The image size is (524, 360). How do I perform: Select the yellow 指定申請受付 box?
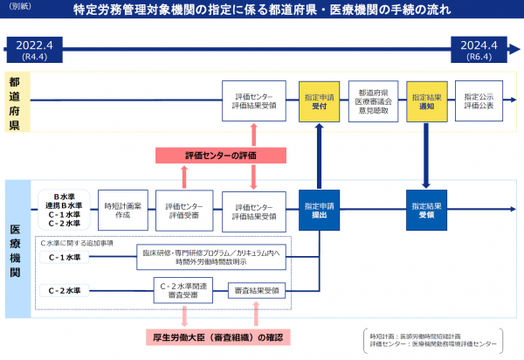coord(319,100)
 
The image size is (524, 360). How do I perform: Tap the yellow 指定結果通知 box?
coord(426,100)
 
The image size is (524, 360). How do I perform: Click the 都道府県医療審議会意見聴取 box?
coord(373,100)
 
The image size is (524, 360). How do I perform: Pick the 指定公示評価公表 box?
coord(479,100)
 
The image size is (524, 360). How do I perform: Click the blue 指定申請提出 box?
coord(319,209)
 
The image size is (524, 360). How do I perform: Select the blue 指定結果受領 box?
coord(426,209)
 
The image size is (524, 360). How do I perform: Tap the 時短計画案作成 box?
coord(116,209)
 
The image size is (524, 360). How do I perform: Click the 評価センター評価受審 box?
coord(184,210)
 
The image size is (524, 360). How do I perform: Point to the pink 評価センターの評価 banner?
coord(221,156)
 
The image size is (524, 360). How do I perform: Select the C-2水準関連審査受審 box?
coord(184,290)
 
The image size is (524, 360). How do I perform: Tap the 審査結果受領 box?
coord(254,290)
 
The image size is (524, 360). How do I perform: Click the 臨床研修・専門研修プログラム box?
coord(215,257)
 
